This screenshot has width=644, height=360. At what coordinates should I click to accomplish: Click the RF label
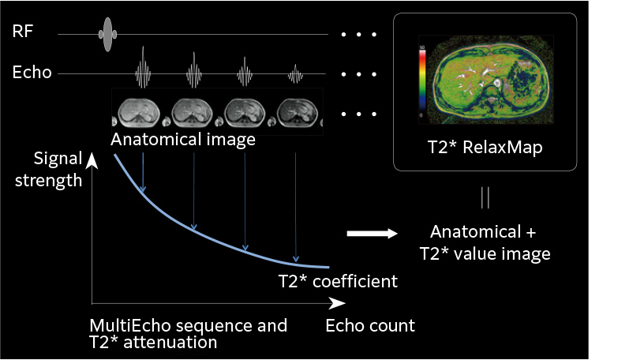[23, 33]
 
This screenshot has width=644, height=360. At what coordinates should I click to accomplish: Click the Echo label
[32, 73]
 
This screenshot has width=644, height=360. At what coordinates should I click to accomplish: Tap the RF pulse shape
[108, 34]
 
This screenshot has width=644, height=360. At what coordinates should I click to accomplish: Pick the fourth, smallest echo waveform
[295, 75]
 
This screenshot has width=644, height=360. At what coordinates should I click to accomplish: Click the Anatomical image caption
[183, 141]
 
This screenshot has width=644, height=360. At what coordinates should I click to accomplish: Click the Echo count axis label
[370, 325]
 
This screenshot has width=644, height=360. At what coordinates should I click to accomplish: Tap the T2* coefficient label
[337, 280]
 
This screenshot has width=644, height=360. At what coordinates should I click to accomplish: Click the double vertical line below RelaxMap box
[485, 198]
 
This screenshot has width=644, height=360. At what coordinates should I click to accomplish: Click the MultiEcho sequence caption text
[189, 334]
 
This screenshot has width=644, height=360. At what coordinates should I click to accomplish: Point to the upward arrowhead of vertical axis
[92, 161]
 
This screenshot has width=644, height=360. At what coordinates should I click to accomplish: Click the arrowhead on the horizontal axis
[337, 303]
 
